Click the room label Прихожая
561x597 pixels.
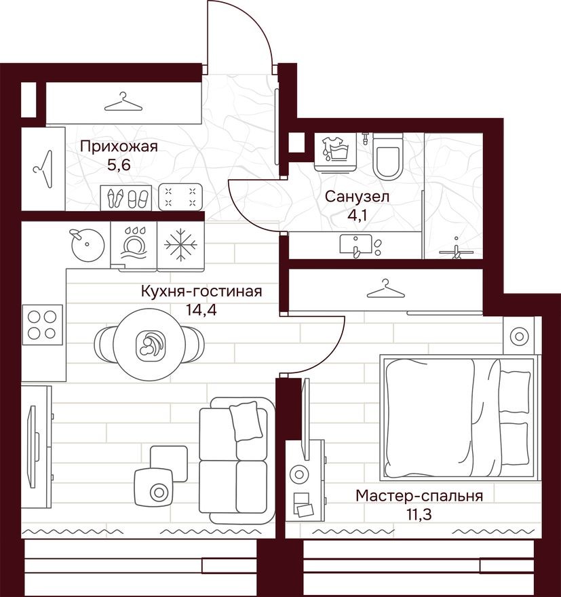[x=118, y=147]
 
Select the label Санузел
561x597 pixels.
[x=356, y=197]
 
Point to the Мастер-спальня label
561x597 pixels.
[x=419, y=496]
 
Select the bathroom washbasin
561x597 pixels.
[x=355, y=245]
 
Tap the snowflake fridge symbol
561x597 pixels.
[x=180, y=245]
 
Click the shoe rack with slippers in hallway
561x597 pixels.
[x=128, y=197]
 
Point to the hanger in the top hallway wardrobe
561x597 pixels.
[x=123, y=103]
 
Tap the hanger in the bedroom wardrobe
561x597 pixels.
[x=385, y=289]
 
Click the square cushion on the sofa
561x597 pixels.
[x=246, y=421]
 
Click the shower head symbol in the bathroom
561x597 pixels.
[x=458, y=249]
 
